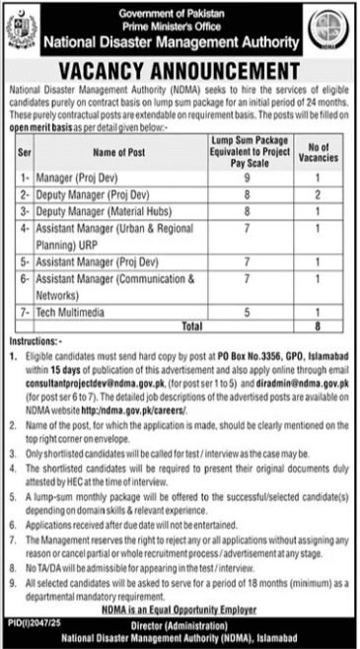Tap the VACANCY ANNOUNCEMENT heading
pyautogui.click(x=180, y=71)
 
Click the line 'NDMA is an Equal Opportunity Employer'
pyautogui.click(x=180, y=609)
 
